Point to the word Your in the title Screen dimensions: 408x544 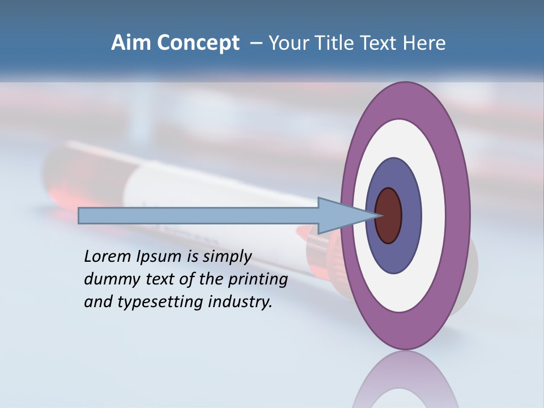(x=287, y=43)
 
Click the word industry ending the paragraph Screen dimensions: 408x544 (x=241, y=303)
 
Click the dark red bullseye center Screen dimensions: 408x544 (x=389, y=215)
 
